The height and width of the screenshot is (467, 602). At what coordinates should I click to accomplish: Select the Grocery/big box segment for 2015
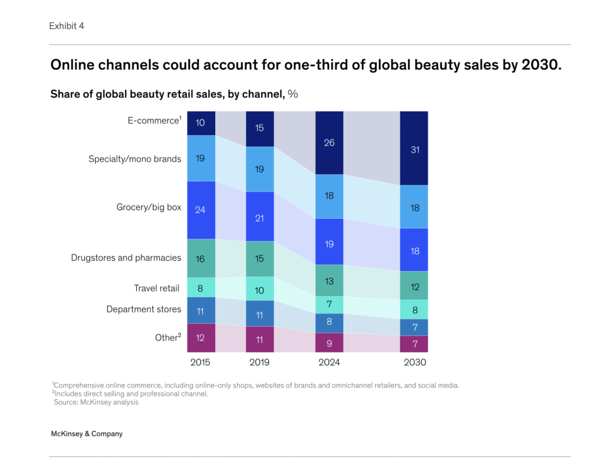tap(200, 210)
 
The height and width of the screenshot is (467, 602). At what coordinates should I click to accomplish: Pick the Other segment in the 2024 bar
tap(329, 342)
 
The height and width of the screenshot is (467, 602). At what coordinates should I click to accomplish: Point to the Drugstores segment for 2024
tap(329, 281)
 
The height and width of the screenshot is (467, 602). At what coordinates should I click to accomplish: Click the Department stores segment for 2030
tap(414, 327)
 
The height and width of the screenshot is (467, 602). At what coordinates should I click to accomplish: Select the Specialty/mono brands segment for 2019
tap(259, 169)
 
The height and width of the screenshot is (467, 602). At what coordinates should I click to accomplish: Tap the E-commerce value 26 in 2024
tap(329, 142)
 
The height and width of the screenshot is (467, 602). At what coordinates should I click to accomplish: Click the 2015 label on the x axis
tap(200, 362)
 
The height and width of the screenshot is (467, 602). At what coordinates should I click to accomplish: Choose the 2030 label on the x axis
tap(414, 362)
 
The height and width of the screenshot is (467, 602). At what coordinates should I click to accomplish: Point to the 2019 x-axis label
tap(259, 362)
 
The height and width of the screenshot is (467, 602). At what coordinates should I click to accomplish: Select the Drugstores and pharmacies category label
tap(126, 258)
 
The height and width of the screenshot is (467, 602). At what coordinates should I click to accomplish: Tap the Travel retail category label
tap(156, 288)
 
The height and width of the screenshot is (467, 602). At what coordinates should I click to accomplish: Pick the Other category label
tap(167, 338)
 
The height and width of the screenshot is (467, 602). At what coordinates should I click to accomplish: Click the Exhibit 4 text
tap(66, 26)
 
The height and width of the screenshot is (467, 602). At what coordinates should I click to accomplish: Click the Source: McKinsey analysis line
tap(96, 402)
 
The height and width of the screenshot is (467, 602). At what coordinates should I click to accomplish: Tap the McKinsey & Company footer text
tap(86, 433)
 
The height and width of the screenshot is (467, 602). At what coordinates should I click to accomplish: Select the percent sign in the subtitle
tap(293, 94)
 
